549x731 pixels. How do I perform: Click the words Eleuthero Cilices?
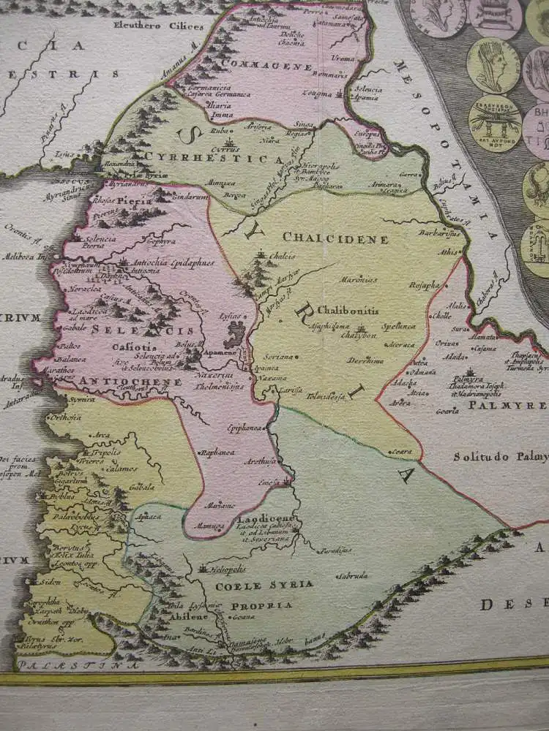click(x=157, y=26)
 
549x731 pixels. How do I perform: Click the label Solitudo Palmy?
click(x=499, y=458)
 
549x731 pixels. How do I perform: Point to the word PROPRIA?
click(x=261, y=605)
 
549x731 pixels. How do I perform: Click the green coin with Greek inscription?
click(x=495, y=121)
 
